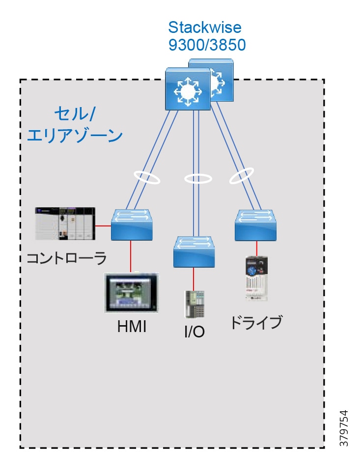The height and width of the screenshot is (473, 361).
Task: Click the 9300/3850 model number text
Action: coord(207,45)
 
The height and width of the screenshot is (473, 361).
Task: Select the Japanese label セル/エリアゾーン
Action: coord(74,125)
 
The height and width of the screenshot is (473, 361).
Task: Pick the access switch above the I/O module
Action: coord(194,251)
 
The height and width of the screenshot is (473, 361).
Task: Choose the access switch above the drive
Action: coord(256,224)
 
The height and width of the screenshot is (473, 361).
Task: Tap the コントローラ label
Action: coord(66,257)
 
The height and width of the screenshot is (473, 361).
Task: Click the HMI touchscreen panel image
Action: coord(132,293)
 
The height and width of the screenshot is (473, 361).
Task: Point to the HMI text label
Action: coord(132,326)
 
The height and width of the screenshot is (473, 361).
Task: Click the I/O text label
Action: coord(194,333)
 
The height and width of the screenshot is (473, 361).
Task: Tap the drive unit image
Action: coord(256,278)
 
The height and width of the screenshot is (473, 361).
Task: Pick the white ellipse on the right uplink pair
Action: coord(241,176)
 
